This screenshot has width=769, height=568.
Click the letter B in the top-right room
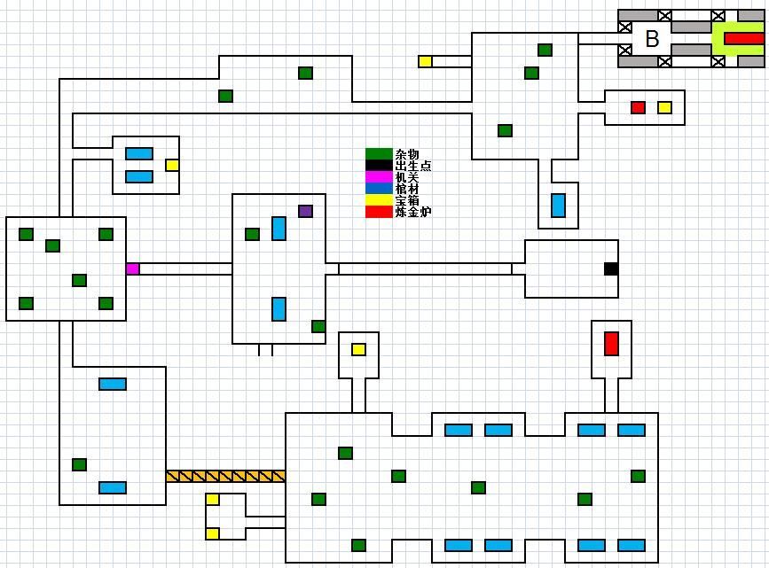652,39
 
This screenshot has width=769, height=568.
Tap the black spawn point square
611,268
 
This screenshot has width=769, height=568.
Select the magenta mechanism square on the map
132,268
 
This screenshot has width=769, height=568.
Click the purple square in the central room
305,211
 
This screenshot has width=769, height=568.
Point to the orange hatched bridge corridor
225,476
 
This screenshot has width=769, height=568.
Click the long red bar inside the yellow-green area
743,38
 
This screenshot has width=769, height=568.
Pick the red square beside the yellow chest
638,107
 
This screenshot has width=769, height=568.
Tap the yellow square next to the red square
664,107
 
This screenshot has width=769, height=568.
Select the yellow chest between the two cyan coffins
172,165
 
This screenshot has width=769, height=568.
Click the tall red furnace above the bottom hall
611,343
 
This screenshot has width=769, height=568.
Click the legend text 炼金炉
413,212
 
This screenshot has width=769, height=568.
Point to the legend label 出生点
413,166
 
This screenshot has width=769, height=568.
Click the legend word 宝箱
407,200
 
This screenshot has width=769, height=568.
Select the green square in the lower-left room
79,464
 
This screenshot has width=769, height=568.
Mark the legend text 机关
407,177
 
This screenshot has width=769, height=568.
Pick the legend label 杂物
407,154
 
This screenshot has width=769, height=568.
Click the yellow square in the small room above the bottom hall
358,349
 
